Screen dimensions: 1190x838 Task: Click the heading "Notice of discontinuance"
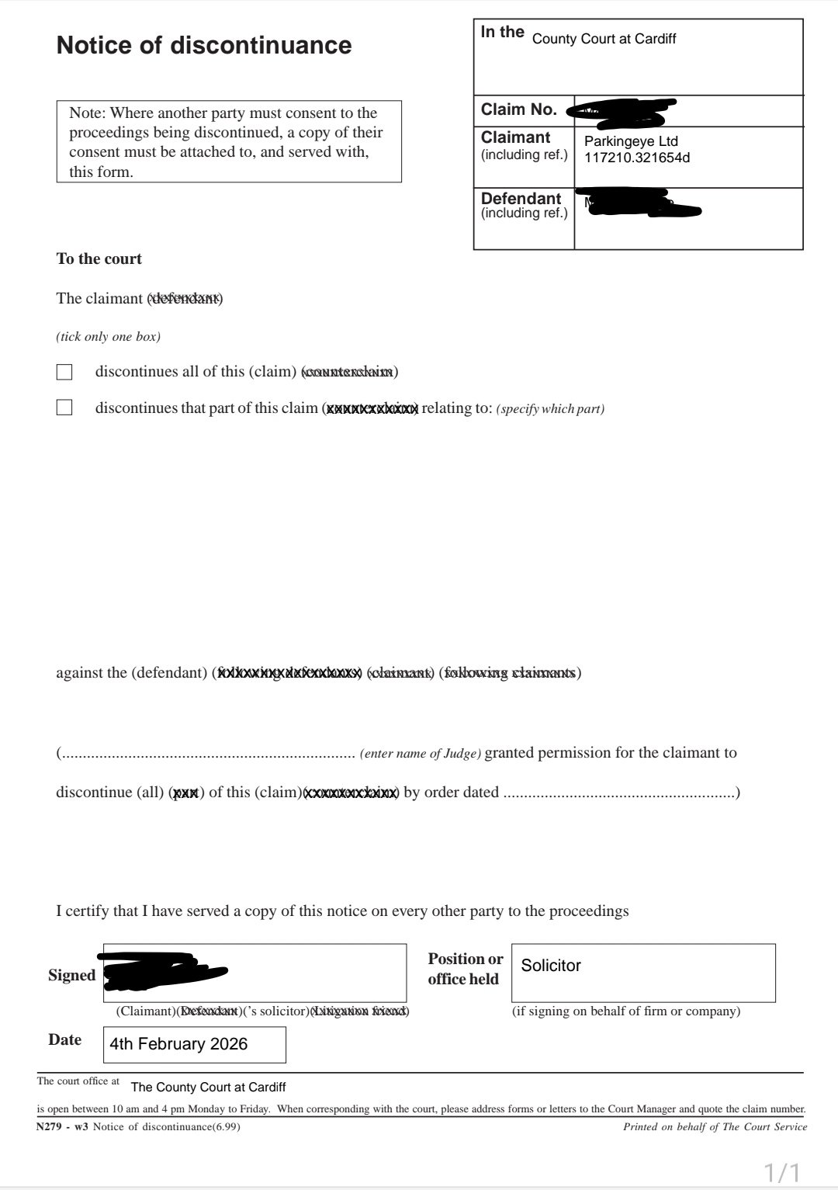tap(204, 46)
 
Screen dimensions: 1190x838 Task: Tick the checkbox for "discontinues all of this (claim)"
tap(64, 372)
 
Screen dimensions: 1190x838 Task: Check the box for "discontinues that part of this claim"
tap(64, 408)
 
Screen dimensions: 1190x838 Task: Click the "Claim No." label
tap(519, 109)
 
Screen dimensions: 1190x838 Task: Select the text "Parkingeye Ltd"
tap(631, 141)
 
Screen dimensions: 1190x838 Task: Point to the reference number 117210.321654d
tap(636, 158)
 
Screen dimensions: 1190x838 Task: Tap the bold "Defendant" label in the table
tap(521, 199)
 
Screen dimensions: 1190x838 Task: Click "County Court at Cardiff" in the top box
tap(604, 39)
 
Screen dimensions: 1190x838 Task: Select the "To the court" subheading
tap(99, 259)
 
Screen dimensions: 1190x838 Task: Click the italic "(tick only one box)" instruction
tap(108, 337)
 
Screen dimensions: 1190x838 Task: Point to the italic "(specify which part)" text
tap(550, 409)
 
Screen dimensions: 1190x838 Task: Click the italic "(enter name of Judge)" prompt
tap(421, 753)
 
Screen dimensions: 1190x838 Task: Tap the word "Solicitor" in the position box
tap(551, 966)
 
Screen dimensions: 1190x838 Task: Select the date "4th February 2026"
tap(178, 1044)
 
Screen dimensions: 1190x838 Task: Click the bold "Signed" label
tap(71, 976)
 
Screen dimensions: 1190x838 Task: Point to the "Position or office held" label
tap(465, 969)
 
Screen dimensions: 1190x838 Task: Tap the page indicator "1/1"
tap(782, 1171)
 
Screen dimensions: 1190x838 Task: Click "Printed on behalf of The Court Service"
tap(715, 1126)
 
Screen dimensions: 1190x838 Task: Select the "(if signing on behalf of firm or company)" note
tap(626, 1011)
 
